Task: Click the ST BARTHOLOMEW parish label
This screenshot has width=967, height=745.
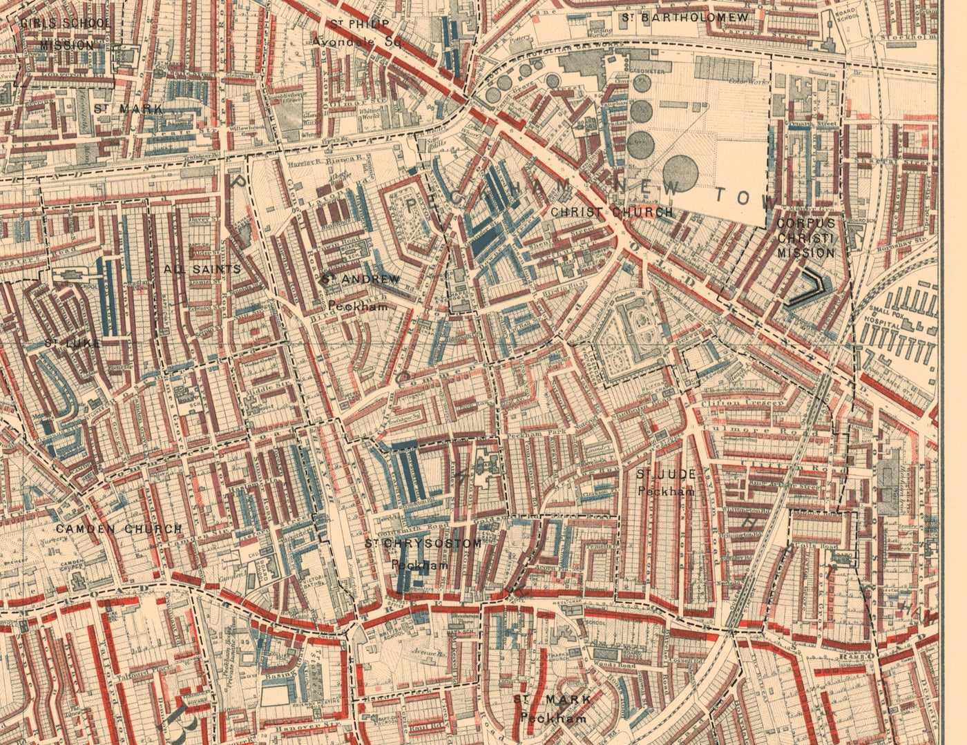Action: [x=684, y=18]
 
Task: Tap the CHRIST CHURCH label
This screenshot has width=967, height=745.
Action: [x=612, y=212]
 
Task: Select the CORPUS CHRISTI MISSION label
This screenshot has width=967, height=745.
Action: [x=806, y=238]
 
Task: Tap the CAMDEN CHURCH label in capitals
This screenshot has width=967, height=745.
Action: [x=119, y=529]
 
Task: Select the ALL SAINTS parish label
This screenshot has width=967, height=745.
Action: [x=203, y=269]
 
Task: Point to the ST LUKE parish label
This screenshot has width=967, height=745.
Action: [x=73, y=342]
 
